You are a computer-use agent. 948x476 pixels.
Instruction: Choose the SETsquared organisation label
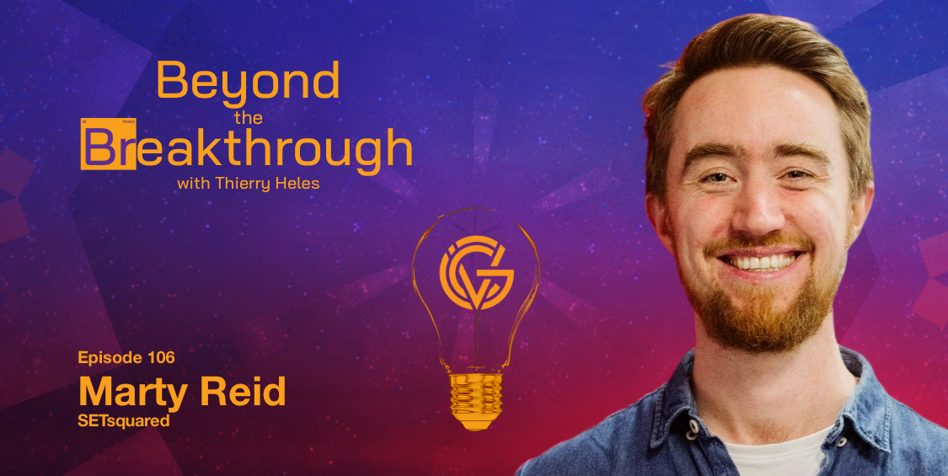(124, 421)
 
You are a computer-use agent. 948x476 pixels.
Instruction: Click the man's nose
(753, 211)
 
